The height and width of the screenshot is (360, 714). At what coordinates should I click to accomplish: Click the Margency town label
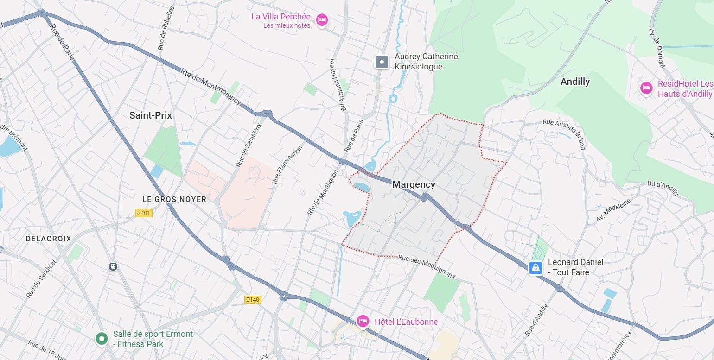click(x=414, y=184)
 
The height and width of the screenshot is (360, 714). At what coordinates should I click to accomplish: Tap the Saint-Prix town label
click(x=150, y=115)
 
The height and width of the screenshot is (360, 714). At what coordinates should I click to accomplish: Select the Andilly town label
click(x=575, y=82)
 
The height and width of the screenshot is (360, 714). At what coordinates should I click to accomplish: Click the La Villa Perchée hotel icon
click(x=322, y=20)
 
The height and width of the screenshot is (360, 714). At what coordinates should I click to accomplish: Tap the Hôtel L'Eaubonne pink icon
click(x=363, y=321)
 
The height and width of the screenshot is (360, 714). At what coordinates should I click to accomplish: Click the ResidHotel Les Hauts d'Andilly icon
click(x=646, y=88)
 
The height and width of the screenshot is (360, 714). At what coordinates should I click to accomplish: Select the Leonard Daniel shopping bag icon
click(x=535, y=267)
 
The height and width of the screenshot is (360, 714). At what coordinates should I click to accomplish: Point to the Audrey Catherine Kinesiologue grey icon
click(x=382, y=62)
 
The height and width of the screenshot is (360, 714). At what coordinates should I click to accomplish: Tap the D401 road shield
click(x=144, y=213)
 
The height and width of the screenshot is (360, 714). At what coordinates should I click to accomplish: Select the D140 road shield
click(x=253, y=300)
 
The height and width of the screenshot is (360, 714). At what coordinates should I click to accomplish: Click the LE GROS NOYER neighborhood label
click(x=174, y=199)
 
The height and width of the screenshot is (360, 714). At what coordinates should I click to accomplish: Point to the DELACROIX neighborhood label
click(x=49, y=239)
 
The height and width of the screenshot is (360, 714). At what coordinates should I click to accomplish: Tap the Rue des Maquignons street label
click(x=427, y=267)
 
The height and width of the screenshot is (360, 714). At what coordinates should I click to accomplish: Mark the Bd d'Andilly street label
click(x=663, y=185)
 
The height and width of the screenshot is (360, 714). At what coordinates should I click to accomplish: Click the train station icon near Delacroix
click(x=113, y=266)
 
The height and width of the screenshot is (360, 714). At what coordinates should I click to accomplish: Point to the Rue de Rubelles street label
click(x=166, y=28)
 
